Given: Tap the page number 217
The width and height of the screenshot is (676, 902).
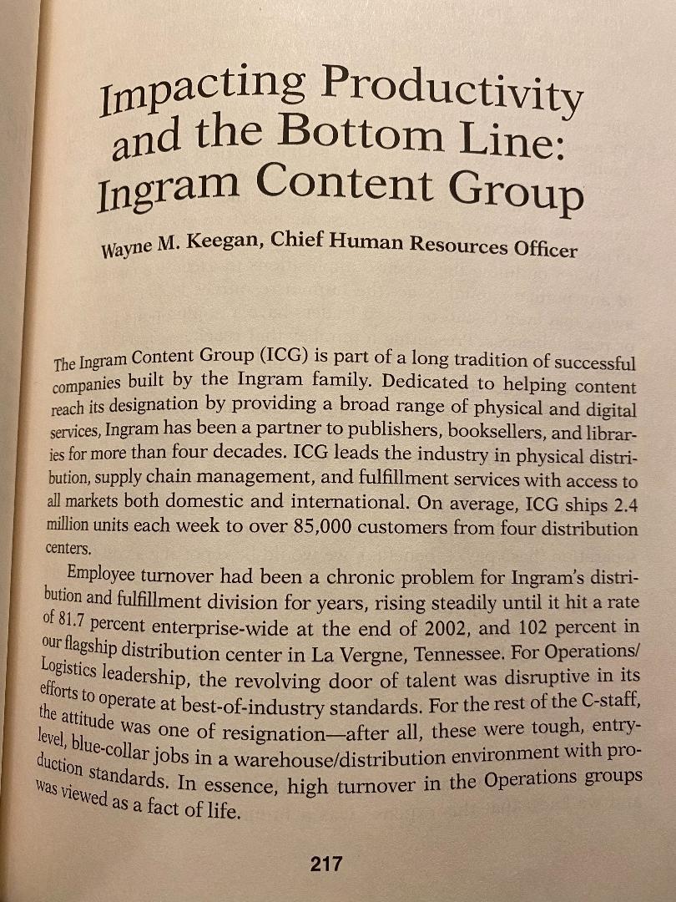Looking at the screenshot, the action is (x=325, y=864).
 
